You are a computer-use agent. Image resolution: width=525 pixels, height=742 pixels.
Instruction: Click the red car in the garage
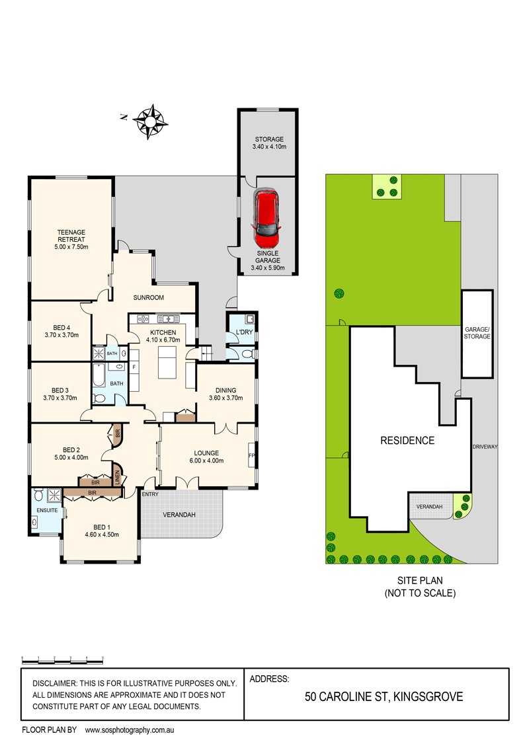click(x=266, y=214)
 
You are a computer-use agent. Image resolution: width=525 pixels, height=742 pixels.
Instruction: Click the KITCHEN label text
click(x=163, y=332)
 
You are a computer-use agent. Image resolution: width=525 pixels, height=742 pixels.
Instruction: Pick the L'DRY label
click(x=240, y=332)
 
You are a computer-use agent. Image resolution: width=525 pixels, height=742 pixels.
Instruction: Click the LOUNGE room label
click(x=204, y=453)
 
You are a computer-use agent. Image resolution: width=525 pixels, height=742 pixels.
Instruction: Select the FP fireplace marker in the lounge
click(x=251, y=456)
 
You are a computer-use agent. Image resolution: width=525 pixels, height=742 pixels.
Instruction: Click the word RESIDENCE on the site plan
click(x=407, y=441)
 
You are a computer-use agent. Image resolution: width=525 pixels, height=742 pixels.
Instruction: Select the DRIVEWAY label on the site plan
click(x=484, y=447)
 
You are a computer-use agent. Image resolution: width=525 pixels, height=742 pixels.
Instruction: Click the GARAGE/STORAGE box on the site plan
click(x=477, y=332)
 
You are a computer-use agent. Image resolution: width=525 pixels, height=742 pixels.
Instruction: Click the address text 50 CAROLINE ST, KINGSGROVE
click(x=384, y=696)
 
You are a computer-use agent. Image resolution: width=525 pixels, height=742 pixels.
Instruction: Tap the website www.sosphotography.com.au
click(x=129, y=731)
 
